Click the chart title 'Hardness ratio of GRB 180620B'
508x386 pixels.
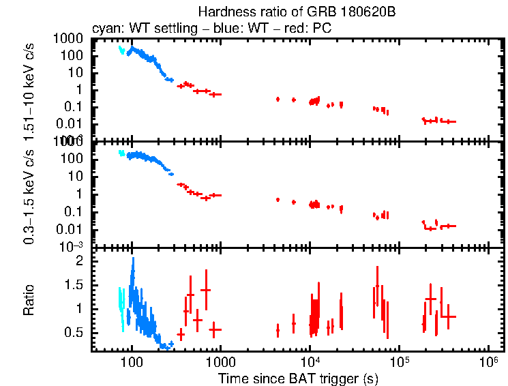point(297,12)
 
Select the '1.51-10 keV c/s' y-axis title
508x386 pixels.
point(29,89)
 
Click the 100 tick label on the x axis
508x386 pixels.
point(132,361)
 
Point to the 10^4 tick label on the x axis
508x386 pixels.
point(310,361)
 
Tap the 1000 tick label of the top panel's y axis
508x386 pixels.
point(71,39)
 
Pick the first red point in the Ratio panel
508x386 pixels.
point(181,334)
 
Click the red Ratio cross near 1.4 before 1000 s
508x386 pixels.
point(205,290)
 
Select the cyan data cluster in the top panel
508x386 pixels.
point(121,50)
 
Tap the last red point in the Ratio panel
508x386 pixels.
point(448,316)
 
